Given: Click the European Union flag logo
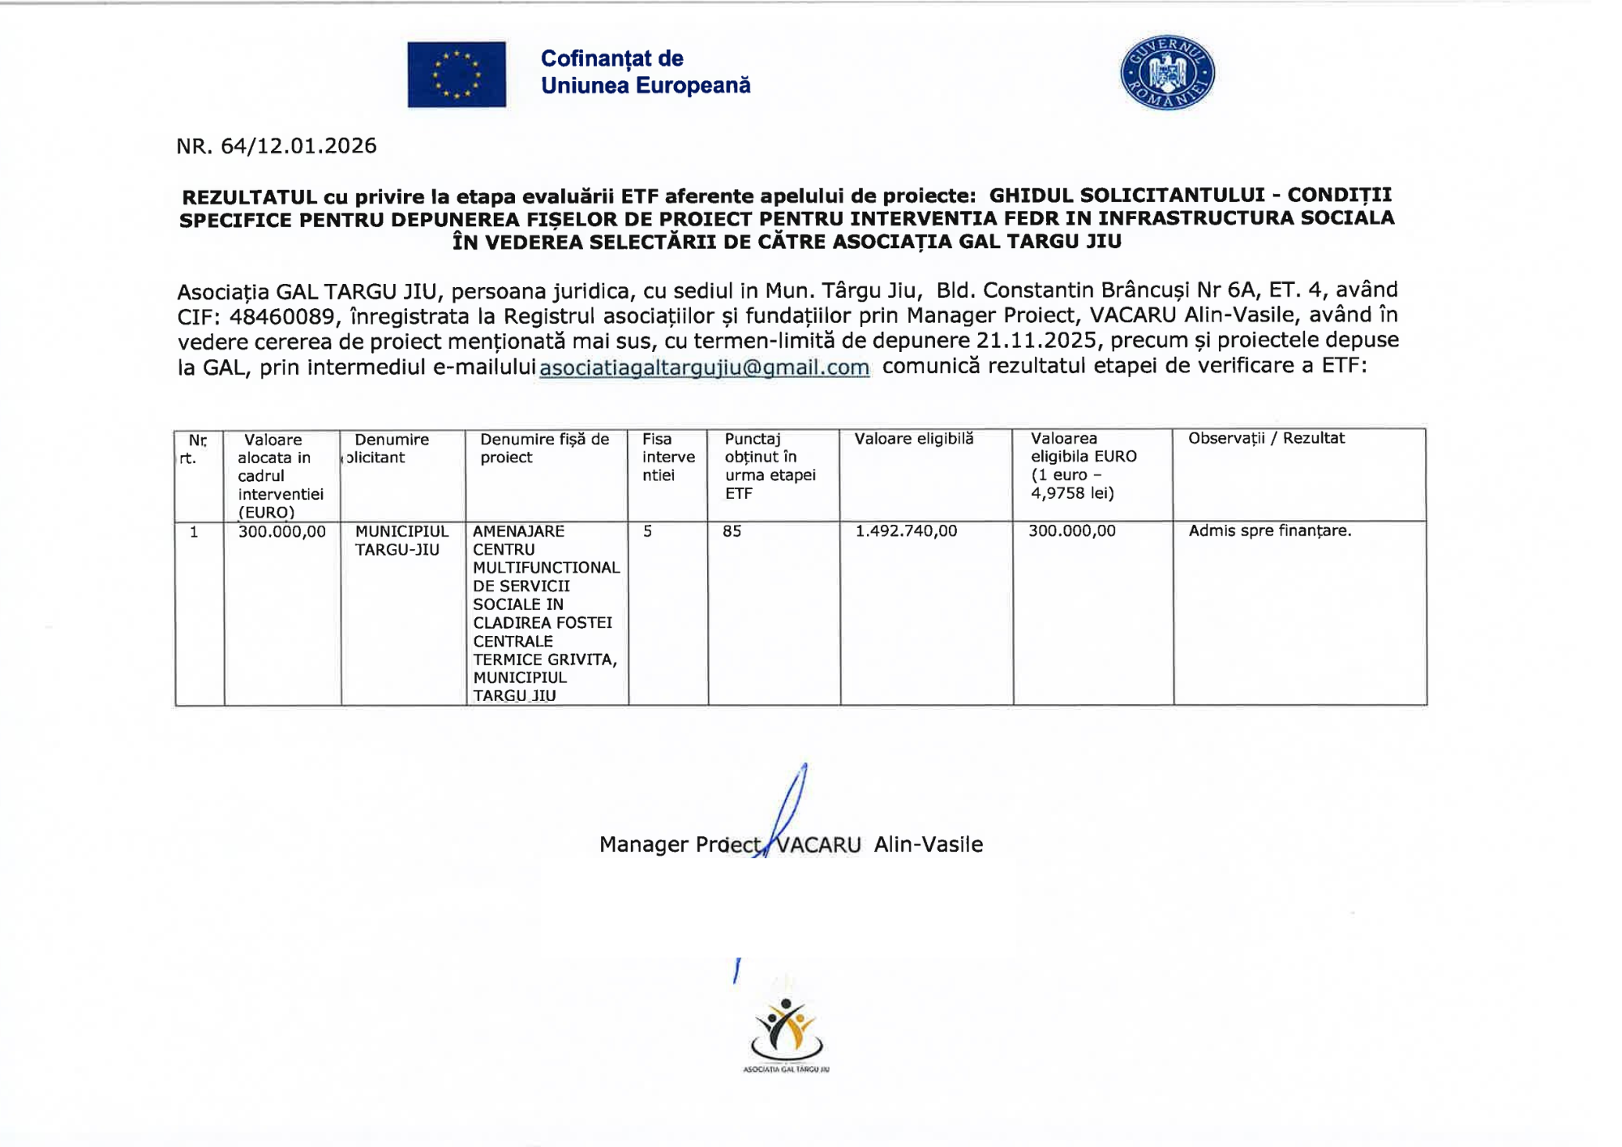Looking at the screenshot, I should [x=457, y=75].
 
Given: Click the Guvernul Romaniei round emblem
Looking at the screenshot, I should [x=1167, y=73].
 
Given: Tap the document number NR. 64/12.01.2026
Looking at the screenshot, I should [x=277, y=146].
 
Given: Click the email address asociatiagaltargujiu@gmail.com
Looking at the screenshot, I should [x=704, y=367].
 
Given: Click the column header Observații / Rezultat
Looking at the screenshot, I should [x=1266, y=439].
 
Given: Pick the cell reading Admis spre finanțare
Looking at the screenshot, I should [x=1270, y=531].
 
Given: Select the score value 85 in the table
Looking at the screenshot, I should [x=732, y=531].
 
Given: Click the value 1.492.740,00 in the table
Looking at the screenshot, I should [x=906, y=531].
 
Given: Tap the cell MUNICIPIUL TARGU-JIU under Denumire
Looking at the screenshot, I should [x=401, y=540].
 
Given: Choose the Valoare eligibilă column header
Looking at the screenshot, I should [x=914, y=439].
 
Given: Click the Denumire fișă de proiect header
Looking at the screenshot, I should [x=544, y=448].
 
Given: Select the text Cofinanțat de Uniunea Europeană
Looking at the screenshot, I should [x=646, y=72].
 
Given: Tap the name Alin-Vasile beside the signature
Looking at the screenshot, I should [x=929, y=845].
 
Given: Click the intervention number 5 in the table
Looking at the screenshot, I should [x=648, y=531].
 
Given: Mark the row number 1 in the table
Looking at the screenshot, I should [x=194, y=532].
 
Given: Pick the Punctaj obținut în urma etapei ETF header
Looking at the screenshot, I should [x=770, y=466].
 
